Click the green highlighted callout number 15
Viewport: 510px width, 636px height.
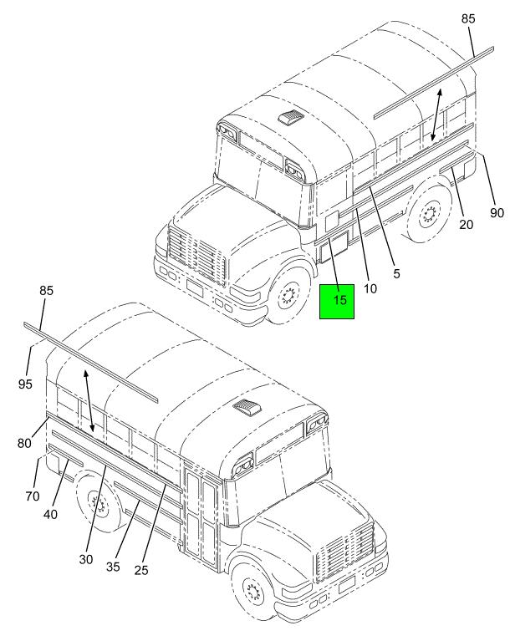pyautogui.click(x=340, y=300)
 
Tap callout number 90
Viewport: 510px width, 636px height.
pyautogui.click(x=497, y=212)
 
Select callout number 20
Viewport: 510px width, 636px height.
pyautogui.click(x=467, y=224)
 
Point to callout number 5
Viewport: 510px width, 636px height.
pyautogui.click(x=396, y=273)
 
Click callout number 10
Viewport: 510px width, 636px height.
pyautogui.click(x=370, y=288)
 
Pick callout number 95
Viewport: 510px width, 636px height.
pyautogui.click(x=25, y=384)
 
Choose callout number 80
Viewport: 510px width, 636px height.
pyautogui.click(x=24, y=443)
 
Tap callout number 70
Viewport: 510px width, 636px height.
pyautogui.click(x=33, y=496)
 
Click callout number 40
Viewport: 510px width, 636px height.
pyautogui.click(x=50, y=514)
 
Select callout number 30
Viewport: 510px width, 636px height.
pyautogui.click(x=86, y=559)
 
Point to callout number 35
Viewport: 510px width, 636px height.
pyautogui.click(x=113, y=567)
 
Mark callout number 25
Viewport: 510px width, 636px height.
pyautogui.click(x=141, y=570)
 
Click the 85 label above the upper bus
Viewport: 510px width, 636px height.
pyautogui.click(x=468, y=18)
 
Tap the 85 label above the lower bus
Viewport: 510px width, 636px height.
pyautogui.click(x=46, y=290)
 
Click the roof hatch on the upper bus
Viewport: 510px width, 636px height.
pyautogui.click(x=291, y=117)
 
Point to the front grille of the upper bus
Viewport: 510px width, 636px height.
pyautogui.click(x=196, y=252)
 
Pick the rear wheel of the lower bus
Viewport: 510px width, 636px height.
pyautogui.click(x=99, y=506)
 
